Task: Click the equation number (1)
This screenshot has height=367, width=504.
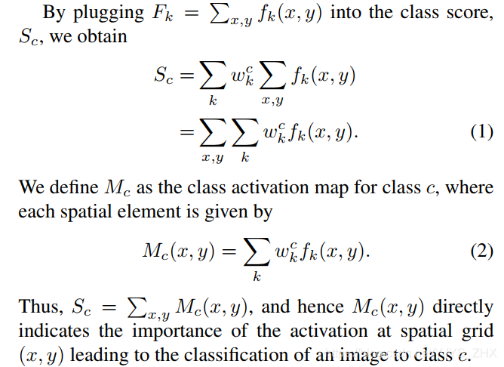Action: coord(481,131)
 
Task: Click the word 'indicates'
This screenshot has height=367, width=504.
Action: coord(51,331)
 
